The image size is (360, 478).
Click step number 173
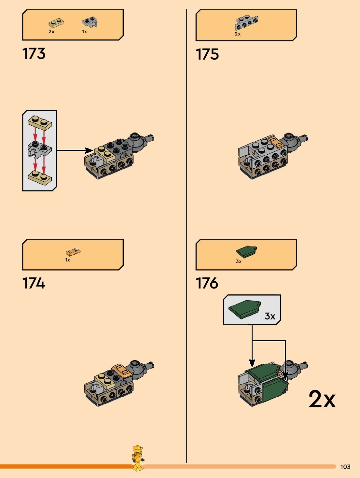[34, 54]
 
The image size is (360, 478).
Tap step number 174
[34, 283]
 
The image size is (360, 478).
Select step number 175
[207, 54]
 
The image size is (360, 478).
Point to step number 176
[207, 283]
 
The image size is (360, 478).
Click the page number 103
[345, 467]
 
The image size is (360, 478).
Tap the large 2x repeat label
[322, 399]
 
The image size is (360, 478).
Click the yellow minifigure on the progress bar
[138, 458]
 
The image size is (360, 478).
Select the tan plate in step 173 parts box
[56, 23]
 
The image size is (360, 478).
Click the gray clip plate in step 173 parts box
[90, 22]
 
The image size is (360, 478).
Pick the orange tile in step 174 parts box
[73, 252]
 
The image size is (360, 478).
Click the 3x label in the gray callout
[270, 316]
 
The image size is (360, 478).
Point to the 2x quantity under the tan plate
[51, 32]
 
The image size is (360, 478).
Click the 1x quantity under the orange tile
[68, 260]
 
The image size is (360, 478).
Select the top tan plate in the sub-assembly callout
[40, 122]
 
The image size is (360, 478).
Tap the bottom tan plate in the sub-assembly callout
[40, 177]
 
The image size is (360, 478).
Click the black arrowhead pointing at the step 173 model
[89, 150]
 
